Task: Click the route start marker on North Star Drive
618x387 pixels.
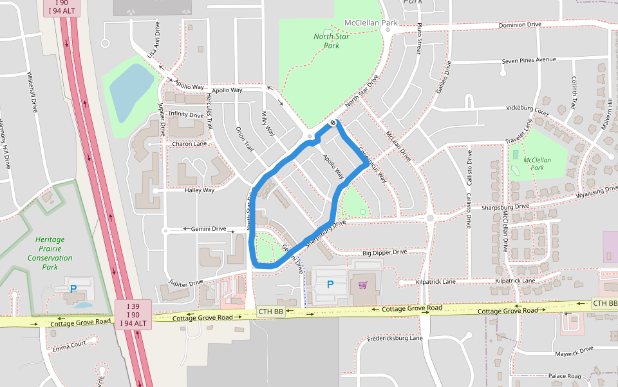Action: point(333,123)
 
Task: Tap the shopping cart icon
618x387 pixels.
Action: point(362,284)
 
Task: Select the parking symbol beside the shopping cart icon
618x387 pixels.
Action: point(330,284)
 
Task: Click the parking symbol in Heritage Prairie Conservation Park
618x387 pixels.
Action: point(73,289)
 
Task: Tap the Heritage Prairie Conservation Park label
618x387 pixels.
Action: point(50,253)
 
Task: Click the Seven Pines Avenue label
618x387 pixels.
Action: point(529,60)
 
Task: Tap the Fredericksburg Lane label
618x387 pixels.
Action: point(395,338)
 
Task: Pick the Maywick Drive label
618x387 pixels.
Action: point(573,350)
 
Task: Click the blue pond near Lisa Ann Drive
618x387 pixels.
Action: point(131,90)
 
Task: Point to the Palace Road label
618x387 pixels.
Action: point(565,376)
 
